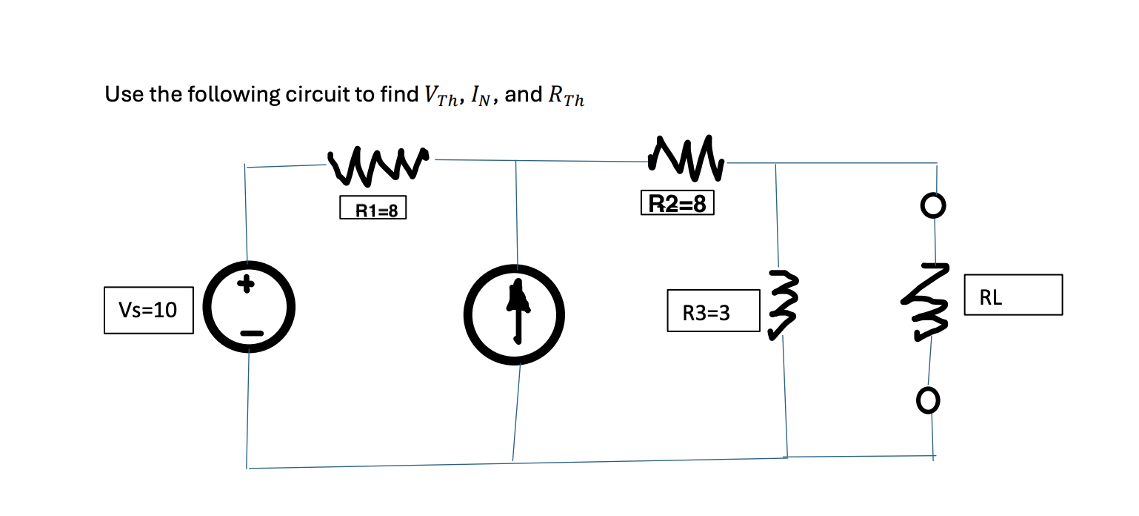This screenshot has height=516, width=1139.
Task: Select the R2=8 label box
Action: point(677,204)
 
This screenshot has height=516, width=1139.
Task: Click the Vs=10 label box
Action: point(149,310)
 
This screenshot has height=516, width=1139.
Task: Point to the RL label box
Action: point(1012,295)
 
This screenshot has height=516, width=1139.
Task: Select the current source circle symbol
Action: point(515,315)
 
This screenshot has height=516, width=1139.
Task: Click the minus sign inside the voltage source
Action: point(250,335)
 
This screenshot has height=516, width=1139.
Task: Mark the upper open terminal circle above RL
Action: point(934,205)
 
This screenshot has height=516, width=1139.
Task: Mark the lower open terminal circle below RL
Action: point(928,401)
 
